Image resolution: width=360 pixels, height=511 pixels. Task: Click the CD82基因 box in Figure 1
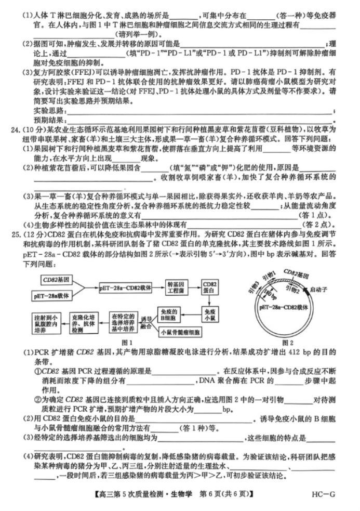59,280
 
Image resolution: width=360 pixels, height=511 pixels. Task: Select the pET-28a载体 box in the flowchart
58,295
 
